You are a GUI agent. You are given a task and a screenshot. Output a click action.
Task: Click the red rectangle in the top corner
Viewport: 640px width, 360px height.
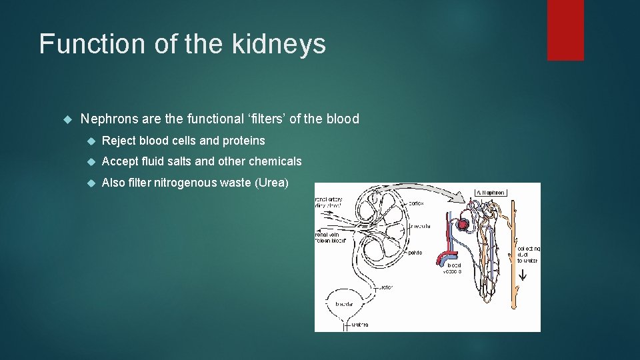click(x=565, y=30)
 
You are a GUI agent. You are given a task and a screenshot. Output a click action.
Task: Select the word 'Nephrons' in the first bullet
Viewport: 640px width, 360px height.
click(x=107, y=119)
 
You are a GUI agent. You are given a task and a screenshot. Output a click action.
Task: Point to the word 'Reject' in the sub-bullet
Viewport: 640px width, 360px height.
click(x=119, y=141)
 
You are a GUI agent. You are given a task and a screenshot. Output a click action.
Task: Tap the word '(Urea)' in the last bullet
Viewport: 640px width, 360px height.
click(x=271, y=183)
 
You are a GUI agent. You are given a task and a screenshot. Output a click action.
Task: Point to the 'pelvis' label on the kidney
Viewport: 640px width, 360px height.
click(x=415, y=253)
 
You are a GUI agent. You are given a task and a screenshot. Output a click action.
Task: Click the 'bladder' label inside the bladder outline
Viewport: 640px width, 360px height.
click(x=345, y=304)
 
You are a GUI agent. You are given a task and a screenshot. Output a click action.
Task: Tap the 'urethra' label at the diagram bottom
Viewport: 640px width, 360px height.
click(x=360, y=325)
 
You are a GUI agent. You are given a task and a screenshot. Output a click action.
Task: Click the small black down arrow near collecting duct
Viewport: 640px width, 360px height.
click(x=523, y=274)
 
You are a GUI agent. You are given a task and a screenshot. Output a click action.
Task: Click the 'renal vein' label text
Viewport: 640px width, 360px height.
click(x=328, y=234)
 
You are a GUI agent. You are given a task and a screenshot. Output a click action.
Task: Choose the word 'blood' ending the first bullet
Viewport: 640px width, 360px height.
click(x=343, y=119)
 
